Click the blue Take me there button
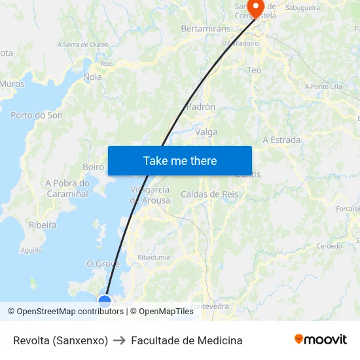180,160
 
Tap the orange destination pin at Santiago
254,7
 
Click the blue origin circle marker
105,301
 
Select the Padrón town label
201,107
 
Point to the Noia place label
93,77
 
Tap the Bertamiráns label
206,29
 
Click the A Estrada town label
281,140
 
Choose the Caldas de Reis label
209,194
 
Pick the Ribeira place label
43,225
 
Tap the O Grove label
103,264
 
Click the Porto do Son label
37,115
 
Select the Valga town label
206,132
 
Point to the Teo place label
254,70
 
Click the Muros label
12,84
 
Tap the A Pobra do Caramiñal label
67,189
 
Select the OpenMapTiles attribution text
166,312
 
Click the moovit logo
321,340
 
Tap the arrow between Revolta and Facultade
119,340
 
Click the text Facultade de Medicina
187,340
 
